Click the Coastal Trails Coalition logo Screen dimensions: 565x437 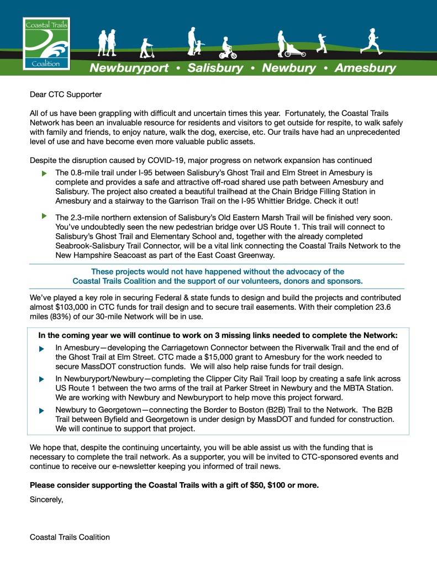click(46, 44)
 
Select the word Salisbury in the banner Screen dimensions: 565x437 click(215, 68)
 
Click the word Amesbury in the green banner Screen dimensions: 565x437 click(365, 68)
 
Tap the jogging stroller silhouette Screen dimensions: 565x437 click(288, 44)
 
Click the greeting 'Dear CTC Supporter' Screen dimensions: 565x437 click(66, 94)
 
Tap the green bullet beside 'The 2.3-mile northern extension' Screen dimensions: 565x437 click(44, 215)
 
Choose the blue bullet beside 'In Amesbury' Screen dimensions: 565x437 click(42, 350)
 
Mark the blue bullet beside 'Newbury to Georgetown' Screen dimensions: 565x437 click(42, 411)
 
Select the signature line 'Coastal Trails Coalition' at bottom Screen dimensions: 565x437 click(70, 537)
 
